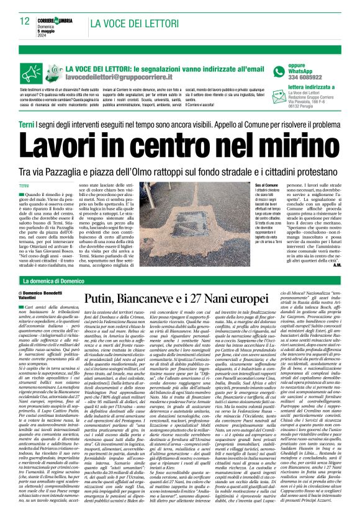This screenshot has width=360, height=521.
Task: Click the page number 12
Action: (25, 22)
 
